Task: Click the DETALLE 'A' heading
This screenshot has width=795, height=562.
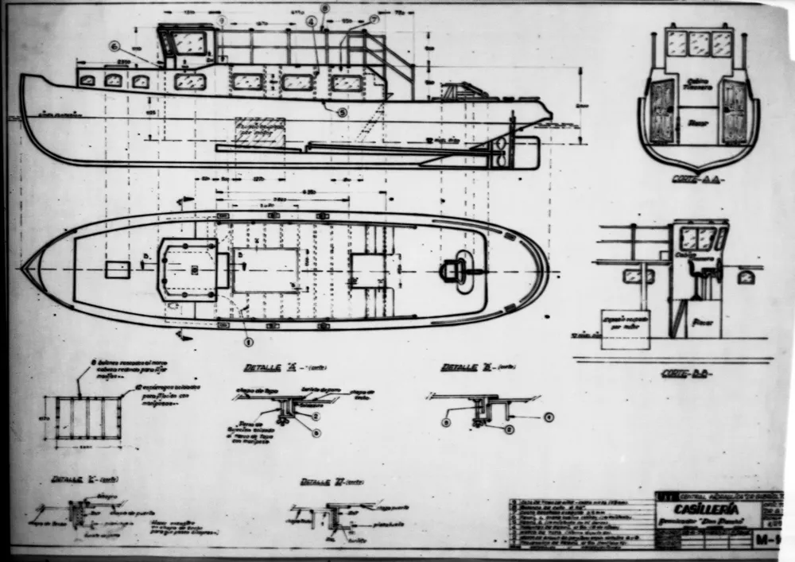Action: click(262, 368)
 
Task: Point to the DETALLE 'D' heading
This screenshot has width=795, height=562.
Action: click(321, 483)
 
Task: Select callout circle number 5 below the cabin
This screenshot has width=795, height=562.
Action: click(343, 113)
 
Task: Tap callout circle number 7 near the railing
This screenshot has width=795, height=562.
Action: click(374, 18)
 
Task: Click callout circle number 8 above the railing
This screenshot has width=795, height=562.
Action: click(324, 8)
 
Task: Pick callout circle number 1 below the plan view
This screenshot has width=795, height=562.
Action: click(248, 343)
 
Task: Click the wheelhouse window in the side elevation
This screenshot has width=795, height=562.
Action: click(190, 42)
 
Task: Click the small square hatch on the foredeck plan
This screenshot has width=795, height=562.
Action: click(117, 269)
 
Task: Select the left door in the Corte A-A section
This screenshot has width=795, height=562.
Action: click(661, 111)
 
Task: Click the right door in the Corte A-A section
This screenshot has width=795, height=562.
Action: click(734, 111)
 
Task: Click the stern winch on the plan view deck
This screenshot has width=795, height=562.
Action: click(454, 271)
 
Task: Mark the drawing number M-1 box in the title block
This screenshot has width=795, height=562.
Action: click(766, 541)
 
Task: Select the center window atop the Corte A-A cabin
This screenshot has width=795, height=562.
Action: click(699, 44)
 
